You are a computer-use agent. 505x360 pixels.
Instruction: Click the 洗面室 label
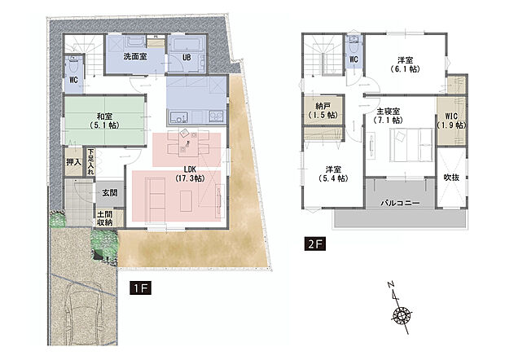point(134,57)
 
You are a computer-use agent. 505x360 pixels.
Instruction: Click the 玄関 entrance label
point(109,192)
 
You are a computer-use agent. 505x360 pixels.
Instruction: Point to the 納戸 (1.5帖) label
point(321,111)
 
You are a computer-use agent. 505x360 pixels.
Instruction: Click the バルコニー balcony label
point(397,203)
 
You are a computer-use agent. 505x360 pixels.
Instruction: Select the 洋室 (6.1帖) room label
point(405,65)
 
